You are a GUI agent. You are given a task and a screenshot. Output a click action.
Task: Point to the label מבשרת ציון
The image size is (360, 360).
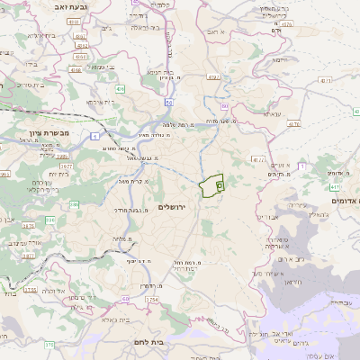point(37,131)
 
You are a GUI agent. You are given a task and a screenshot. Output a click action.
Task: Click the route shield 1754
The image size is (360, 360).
point(151,299)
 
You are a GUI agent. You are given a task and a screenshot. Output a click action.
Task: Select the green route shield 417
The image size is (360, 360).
point(334,187)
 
